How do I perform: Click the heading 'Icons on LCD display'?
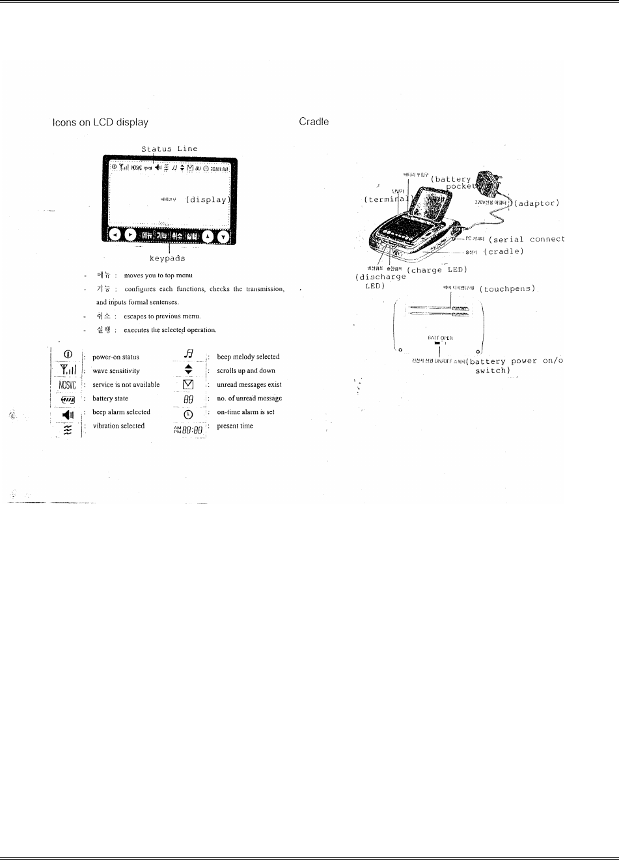[100, 122]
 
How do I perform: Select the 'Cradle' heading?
[314, 122]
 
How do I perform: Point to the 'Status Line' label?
[169, 149]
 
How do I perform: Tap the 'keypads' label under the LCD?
[168, 259]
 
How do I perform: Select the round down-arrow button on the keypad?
[223, 236]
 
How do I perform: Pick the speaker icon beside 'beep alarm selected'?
[68, 412]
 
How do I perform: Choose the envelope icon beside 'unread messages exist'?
[189, 385]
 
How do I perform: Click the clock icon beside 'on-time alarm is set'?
[189, 412]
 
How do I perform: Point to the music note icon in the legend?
[189, 355]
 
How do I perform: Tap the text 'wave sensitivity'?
[117, 371]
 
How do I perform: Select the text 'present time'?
[235, 426]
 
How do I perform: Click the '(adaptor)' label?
[537, 204]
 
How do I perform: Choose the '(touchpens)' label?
[507, 288]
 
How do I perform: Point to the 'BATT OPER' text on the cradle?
[440, 338]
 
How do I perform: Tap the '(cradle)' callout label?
[504, 251]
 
